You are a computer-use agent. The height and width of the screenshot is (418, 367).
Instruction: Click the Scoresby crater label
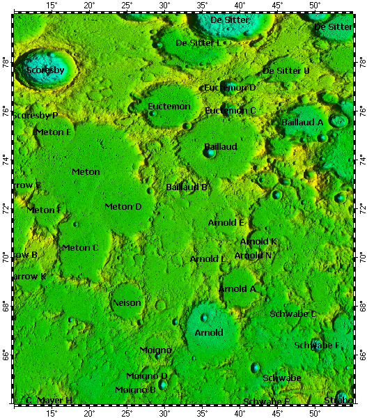click(x=45, y=71)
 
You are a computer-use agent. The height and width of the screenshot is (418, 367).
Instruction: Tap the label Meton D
click(x=123, y=207)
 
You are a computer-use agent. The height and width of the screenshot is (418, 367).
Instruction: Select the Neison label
click(x=127, y=303)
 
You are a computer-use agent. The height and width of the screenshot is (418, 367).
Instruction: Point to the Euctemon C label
click(x=231, y=111)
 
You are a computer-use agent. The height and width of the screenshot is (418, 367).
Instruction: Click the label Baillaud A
click(x=302, y=122)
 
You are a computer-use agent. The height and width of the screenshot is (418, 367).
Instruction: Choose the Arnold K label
click(x=258, y=242)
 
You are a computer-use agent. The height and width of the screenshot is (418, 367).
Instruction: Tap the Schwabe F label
click(x=317, y=346)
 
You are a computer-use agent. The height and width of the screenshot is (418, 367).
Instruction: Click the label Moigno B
click(x=135, y=390)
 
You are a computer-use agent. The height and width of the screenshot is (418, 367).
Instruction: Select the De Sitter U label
click(x=286, y=71)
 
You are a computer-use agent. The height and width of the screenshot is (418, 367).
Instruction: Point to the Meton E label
click(x=54, y=132)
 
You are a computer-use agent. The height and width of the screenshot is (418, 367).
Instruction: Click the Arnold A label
click(x=237, y=288)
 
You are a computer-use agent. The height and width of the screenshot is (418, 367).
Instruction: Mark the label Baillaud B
click(x=187, y=187)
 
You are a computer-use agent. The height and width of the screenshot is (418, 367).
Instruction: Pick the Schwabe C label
click(x=293, y=314)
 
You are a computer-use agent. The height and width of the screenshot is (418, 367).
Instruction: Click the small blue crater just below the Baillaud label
click(x=210, y=153)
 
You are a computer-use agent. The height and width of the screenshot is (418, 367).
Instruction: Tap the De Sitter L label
click(x=198, y=43)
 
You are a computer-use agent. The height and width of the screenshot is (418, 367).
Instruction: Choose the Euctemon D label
click(x=231, y=88)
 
